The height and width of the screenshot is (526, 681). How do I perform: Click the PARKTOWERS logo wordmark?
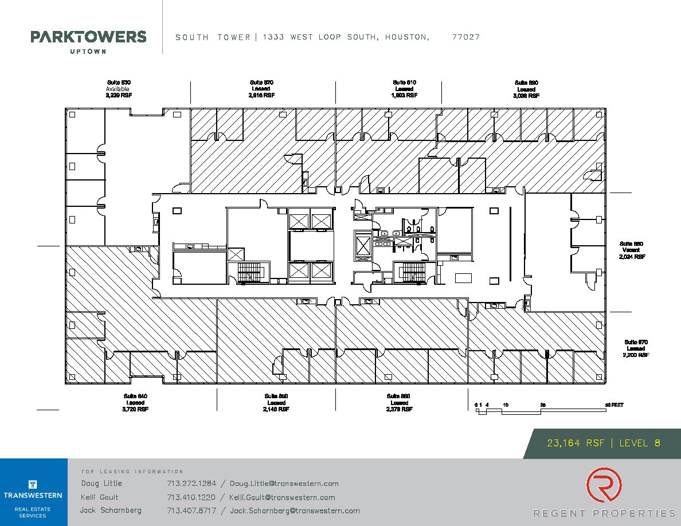click(x=88, y=37)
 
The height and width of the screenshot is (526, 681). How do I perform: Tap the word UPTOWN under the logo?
click(x=88, y=52)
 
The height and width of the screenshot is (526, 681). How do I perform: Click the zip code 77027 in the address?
click(x=465, y=37)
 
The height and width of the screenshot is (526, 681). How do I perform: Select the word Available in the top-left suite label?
click(x=118, y=89)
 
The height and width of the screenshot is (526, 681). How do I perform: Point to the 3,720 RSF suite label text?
click(x=135, y=410)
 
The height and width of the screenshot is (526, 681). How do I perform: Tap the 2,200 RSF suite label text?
click(x=635, y=355)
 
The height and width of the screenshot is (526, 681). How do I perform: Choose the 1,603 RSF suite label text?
click(x=404, y=96)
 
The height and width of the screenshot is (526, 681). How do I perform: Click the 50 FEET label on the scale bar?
click(x=615, y=405)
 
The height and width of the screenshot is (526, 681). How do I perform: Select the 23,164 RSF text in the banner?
click(x=576, y=443)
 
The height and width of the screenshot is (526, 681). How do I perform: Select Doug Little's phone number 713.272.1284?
click(x=191, y=484)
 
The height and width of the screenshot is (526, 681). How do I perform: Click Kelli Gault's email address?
click(x=282, y=497)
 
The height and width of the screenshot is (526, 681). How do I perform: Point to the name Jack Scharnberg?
click(x=111, y=511)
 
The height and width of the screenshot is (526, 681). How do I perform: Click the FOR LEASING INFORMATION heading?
click(x=132, y=472)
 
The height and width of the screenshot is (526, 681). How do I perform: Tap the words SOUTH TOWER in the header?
click(x=213, y=37)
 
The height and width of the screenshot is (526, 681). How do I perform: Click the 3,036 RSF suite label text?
click(x=526, y=96)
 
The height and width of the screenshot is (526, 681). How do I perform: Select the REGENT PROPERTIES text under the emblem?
click(x=604, y=513)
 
